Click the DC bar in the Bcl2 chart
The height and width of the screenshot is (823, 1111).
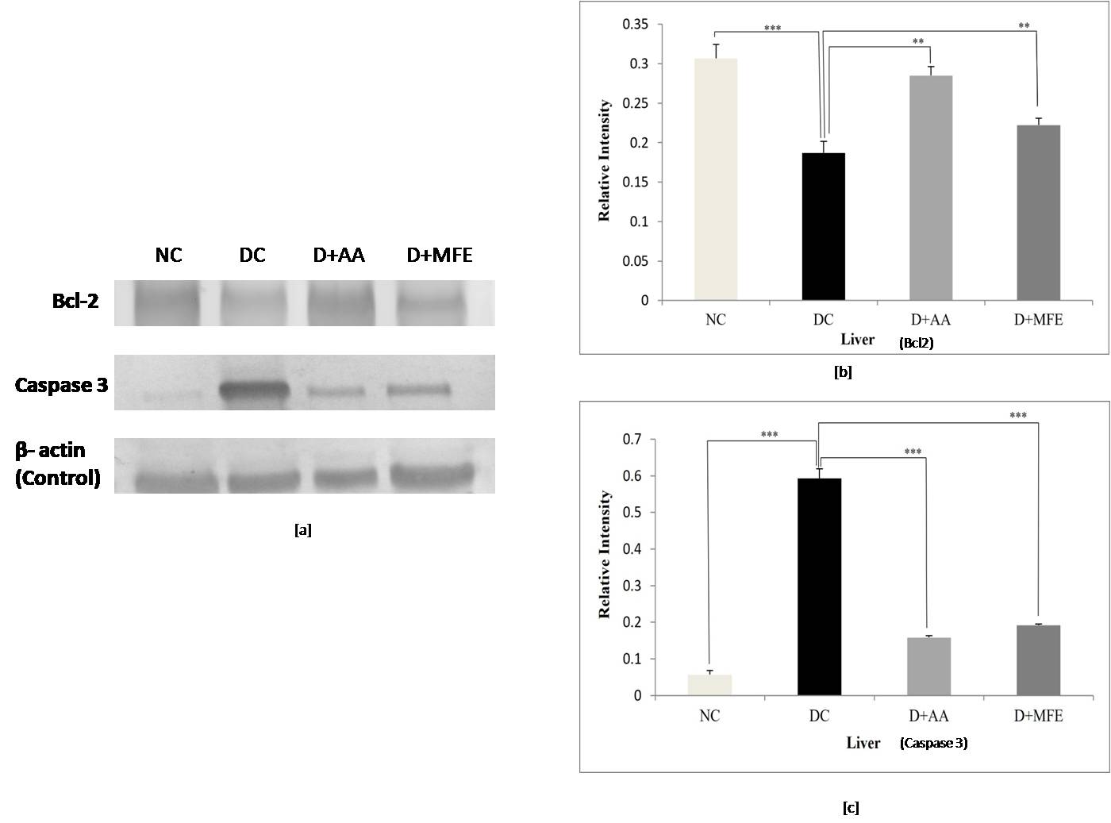pos(824,226)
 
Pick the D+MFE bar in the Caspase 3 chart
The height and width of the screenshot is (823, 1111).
pos(1038,660)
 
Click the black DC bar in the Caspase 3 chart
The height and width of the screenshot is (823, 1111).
pos(819,586)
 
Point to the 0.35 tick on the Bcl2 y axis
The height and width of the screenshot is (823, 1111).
pos(635,25)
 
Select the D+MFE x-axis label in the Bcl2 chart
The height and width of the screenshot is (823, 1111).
pos(1038,320)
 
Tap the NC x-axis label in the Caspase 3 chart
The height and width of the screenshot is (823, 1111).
pos(709,716)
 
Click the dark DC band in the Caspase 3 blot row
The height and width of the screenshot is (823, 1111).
pos(253,390)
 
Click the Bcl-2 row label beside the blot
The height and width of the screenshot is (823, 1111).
pos(75,300)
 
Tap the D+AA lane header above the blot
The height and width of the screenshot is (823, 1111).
pos(339,255)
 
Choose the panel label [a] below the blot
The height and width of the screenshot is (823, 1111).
pos(302,529)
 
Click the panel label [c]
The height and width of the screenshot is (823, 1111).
pos(850,808)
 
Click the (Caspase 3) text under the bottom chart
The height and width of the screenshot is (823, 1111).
pos(933,744)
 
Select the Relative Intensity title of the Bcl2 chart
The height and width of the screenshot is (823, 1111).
pos(605,160)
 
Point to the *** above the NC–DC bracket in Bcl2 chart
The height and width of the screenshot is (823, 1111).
pos(772,29)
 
